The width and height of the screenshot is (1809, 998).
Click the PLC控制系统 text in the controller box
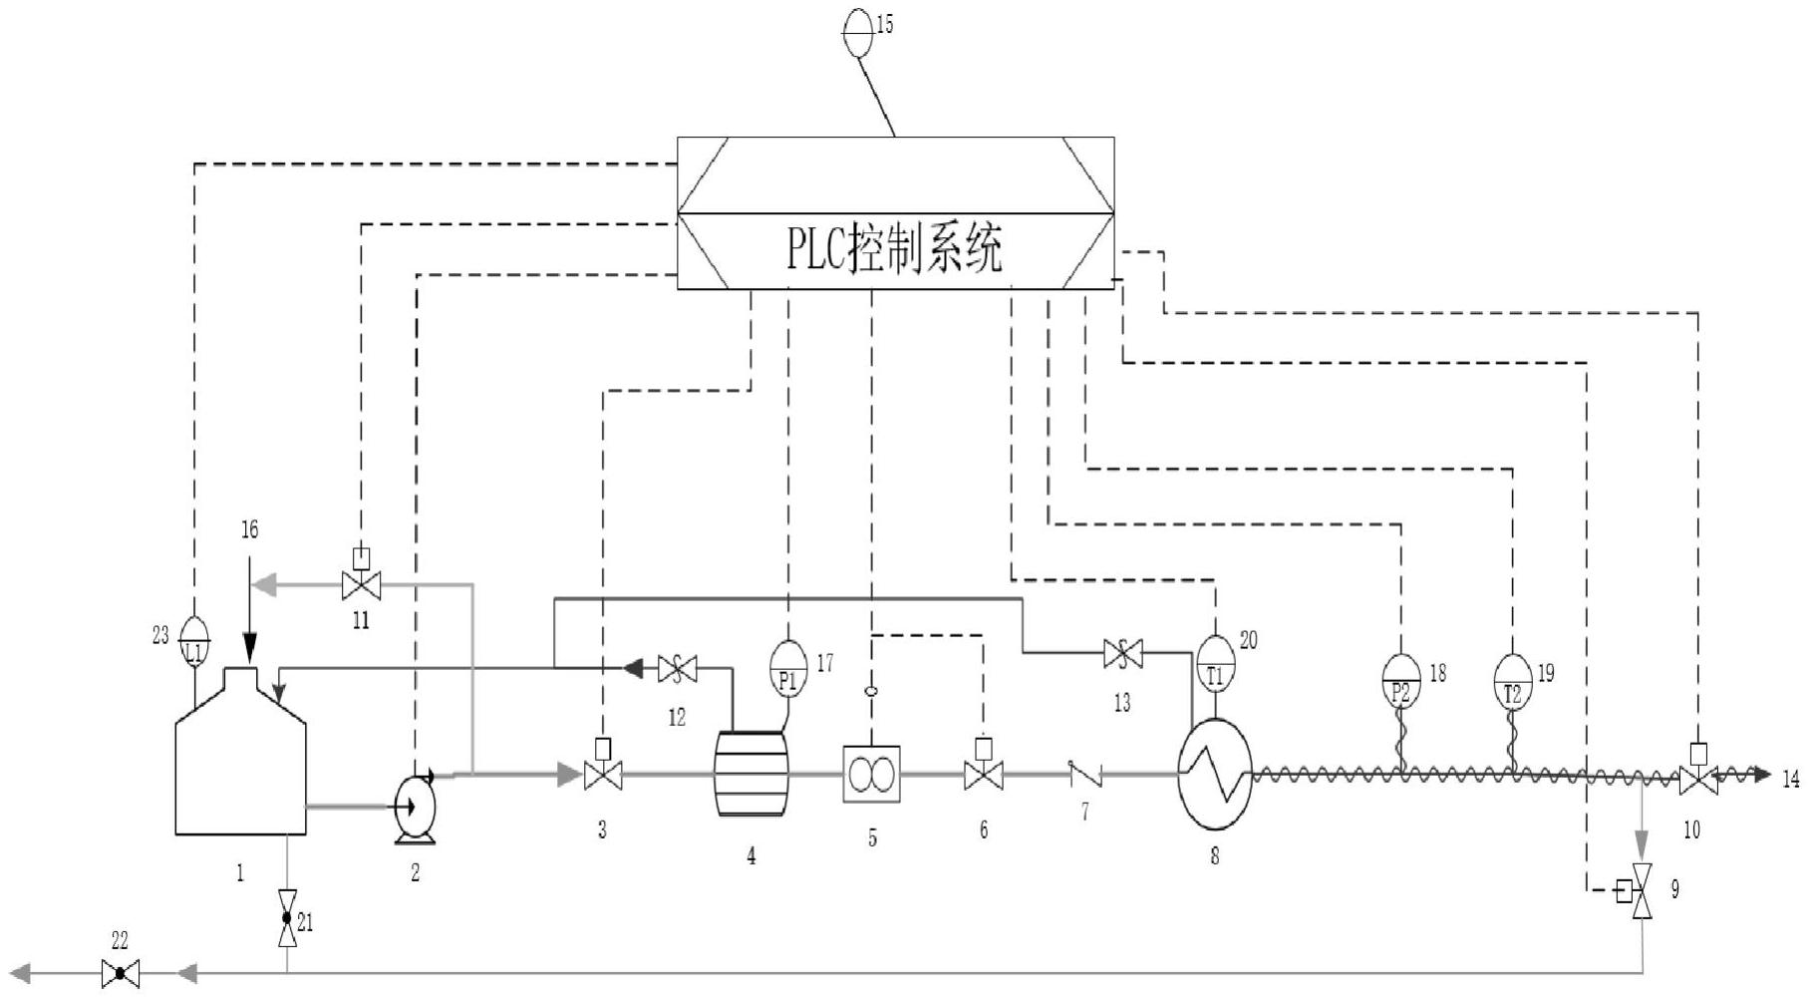[894, 250]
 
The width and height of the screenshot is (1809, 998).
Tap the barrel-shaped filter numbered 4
[751, 774]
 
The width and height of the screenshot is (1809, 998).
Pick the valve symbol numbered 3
[602, 775]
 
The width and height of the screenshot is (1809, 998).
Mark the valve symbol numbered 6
[983, 775]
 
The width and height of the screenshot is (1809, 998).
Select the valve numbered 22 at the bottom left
[120, 972]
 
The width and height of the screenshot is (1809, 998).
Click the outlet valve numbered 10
[1697, 779]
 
